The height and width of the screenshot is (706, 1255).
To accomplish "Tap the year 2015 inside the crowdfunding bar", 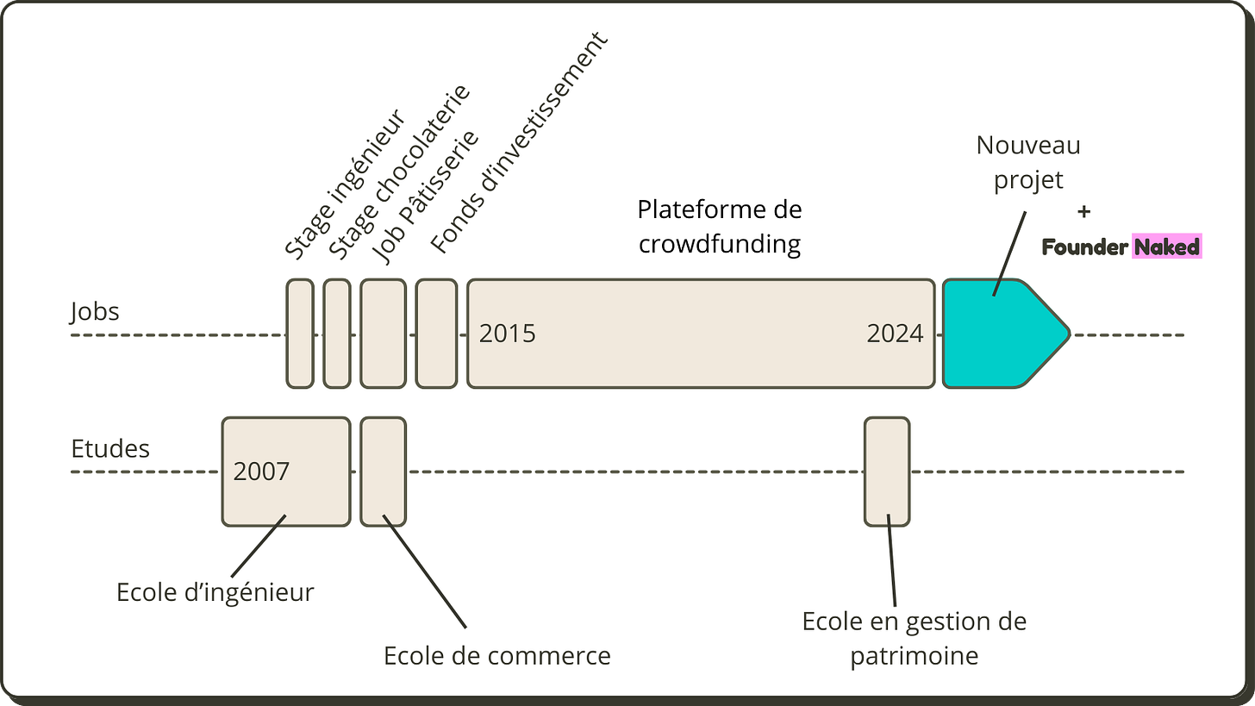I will [507, 334].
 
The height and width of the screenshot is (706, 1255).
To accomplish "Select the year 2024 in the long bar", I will [894, 334].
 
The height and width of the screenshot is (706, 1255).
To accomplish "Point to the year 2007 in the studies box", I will [261, 472].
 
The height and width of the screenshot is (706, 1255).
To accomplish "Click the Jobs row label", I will [95, 311].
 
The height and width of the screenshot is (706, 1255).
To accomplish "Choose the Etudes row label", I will [109, 449].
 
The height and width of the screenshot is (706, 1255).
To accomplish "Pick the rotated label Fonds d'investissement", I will [518, 142].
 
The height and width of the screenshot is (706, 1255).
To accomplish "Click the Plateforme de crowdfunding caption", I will [720, 227].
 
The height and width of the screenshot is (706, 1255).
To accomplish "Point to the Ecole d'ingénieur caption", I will [215, 592].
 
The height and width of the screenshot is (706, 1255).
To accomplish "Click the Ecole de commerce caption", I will [496, 655].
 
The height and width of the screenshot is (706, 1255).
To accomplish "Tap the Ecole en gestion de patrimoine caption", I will [915, 639].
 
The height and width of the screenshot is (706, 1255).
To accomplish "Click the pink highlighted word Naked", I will [1166, 247].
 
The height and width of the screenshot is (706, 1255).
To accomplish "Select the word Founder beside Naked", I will [1084, 247].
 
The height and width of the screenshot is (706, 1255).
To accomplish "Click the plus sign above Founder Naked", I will [1084, 212].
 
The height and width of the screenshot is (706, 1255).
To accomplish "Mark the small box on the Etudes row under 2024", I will [887, 472].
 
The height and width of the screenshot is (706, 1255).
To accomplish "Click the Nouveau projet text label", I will [1027, 162].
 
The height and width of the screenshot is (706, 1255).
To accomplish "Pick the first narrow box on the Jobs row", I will [300, 334].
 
